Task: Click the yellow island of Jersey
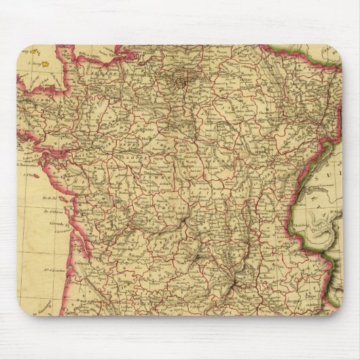tap(44, 68)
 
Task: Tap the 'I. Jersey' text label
tap(30, 64)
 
